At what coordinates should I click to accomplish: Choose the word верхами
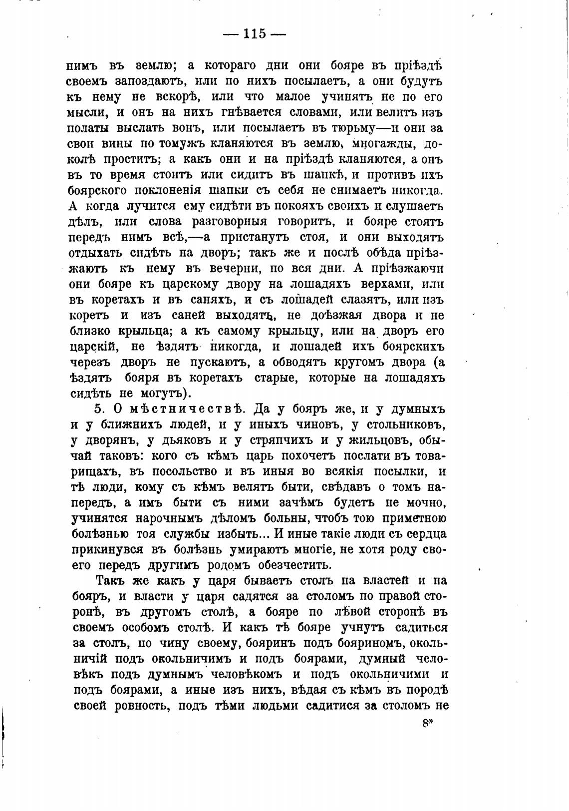(384, 284)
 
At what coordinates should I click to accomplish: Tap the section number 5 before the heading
(98, 409)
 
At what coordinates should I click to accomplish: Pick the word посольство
(174, 471)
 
